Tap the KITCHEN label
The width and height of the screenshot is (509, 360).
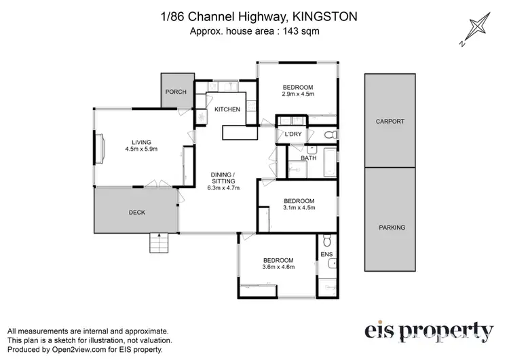click(227, 109)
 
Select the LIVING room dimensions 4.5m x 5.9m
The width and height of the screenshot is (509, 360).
click(141, 149)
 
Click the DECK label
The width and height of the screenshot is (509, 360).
click(136, 212)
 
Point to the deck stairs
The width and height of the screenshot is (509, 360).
click(157, 242)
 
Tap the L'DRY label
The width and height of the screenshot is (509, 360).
click(294, 134)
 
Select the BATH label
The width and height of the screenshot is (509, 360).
click(309, 158)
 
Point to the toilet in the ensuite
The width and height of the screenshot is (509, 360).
click(326, 240)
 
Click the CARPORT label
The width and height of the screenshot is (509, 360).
click(390, 122)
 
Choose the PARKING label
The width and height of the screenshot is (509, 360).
click(392, 228)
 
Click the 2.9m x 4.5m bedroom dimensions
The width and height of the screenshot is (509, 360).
click(298, 94)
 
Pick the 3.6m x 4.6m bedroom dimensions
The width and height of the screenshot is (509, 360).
click(279, 268)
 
